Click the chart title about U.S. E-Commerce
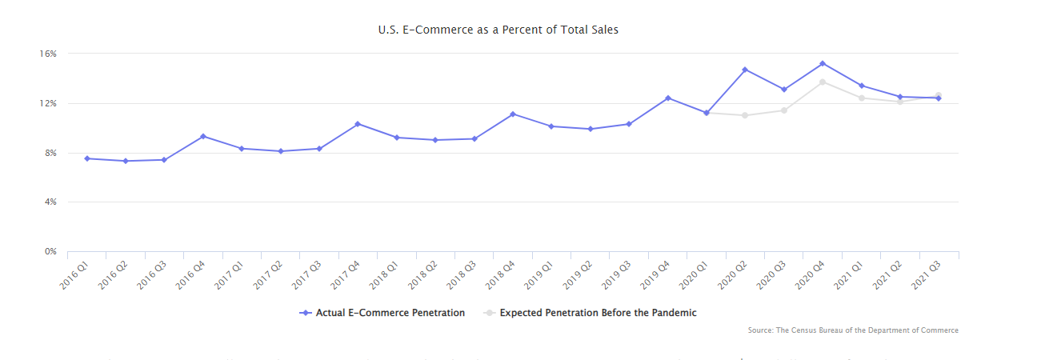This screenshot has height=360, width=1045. point(498,30)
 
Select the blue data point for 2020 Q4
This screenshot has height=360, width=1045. point(823,63)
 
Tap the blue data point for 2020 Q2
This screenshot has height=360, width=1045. point(745,70)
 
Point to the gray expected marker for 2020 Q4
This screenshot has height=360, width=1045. point(823,82)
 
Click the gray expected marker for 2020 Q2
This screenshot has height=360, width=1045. point(745,115)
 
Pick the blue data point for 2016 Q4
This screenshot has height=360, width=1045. point(203,136)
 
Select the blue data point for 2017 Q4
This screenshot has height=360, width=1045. point(358,124)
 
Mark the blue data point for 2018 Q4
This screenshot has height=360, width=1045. point(512,114)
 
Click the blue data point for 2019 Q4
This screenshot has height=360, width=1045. point(667,98)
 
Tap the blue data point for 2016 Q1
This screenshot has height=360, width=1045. point(87,158)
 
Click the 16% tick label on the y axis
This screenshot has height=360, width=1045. point(47,54)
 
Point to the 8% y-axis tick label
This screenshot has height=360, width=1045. point(50,153)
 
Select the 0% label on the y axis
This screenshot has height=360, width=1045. point(50,252)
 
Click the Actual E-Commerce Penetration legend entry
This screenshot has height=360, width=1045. point(382,313)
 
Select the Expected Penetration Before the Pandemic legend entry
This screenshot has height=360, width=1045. point(590,313)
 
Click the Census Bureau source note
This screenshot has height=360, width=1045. point(853,330)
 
